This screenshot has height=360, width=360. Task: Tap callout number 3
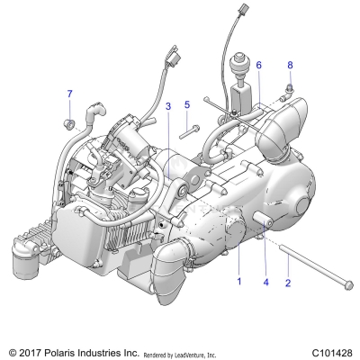[168, 106]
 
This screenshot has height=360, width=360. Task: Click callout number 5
[186, 105]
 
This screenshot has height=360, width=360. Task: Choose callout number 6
[258, 66]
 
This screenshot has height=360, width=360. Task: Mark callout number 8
[290, 66]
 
